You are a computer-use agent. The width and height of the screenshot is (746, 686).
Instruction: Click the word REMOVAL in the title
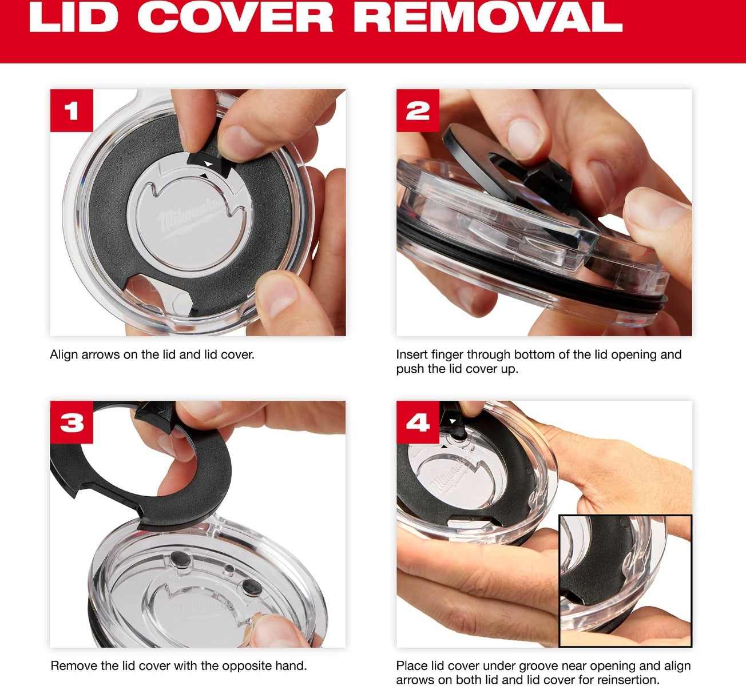click(x=489, y=18)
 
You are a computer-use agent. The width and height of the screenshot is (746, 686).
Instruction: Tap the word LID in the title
click(x=73, y=18)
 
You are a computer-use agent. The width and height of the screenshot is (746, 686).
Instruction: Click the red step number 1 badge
click(x=72, y=110)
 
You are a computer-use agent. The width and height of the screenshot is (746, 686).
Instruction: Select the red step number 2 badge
click(x=418, y=110)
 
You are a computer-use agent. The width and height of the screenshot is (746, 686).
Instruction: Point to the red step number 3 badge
click(x=72, y=422)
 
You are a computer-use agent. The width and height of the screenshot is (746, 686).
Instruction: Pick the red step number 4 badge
click(x=418, y=422)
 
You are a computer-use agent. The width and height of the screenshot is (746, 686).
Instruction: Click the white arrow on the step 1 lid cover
click(x=209, y=163)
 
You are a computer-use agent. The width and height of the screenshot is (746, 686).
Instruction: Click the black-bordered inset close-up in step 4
click(x=625, y=581)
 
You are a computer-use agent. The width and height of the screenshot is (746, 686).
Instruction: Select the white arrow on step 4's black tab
click(x=452, y=421)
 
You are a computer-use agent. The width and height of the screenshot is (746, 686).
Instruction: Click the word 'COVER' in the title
click(x=236, y=18)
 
